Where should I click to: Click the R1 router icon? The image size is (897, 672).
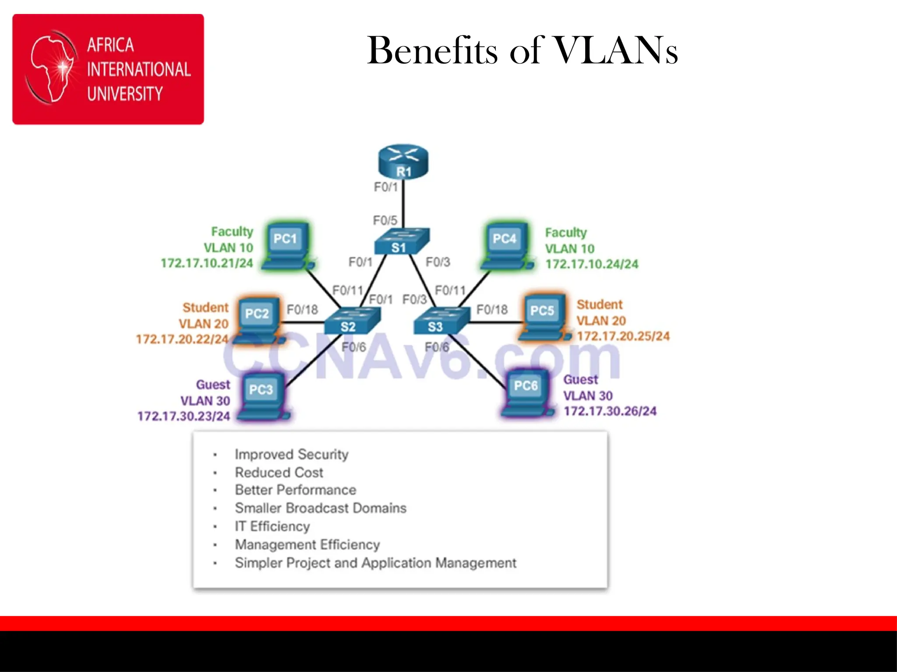pyautogui.click(x=403, y=162)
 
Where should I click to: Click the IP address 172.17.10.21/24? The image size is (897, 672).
pyautogui.click(x=207, y=263)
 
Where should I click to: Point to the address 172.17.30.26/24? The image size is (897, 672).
pyautogui.click(x=610, y=411)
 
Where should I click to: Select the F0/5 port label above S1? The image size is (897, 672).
pyautogui.click(x=385, y=220)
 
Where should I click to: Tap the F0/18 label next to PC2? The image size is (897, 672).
pyautogui.click(x=302, y=310)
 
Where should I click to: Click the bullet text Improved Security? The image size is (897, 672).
pyautogui.click(x=291, y=454)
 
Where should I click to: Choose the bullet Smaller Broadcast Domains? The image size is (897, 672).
pyautogui.click(x=321, y=508)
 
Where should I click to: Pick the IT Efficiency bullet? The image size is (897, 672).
pyautogui.click(x=272, y=526)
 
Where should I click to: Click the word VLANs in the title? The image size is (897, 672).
pyautogui.click(x=616, y=51)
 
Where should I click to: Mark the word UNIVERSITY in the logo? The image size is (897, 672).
pyautogui.click(x=125, y=94)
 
